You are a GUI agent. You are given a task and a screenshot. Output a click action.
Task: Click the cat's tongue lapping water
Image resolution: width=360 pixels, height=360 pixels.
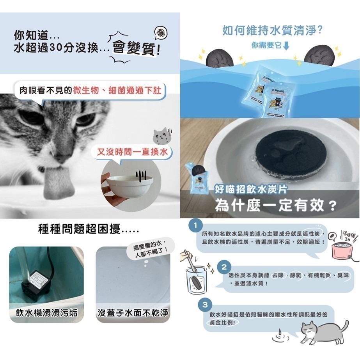coord(57,183)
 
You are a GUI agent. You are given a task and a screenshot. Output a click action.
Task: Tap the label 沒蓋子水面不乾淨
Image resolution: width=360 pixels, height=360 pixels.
coord(133,313)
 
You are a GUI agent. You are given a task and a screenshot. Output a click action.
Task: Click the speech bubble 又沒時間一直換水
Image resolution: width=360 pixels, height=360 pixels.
coord(132,152)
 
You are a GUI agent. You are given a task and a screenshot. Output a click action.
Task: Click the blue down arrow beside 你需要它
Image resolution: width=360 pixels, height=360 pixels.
coord(287,46)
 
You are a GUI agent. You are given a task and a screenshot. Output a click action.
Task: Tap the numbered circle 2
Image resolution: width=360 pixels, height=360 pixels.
coord(224,267)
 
